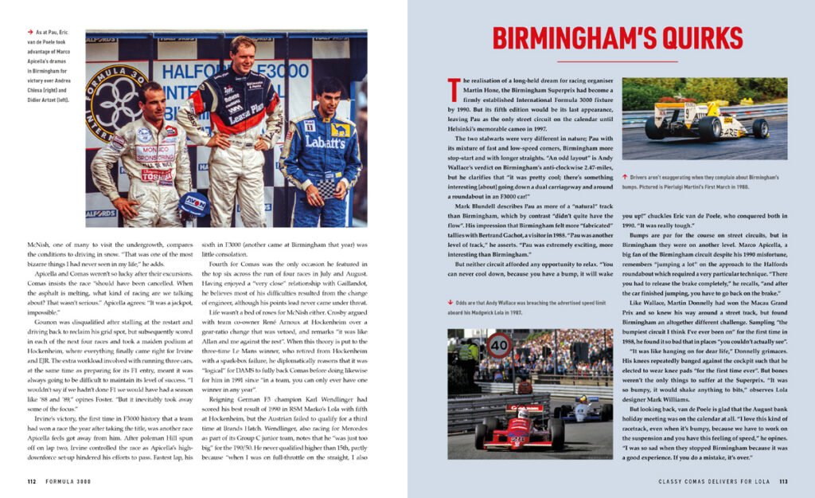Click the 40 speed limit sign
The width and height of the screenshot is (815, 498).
(499, 345)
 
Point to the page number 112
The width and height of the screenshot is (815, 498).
(33, 480)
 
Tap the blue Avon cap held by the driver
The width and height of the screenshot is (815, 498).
(193, 203)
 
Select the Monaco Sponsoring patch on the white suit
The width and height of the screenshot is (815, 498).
(155, 151)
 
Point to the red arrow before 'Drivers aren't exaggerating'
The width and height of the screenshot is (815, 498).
(626, 176)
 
